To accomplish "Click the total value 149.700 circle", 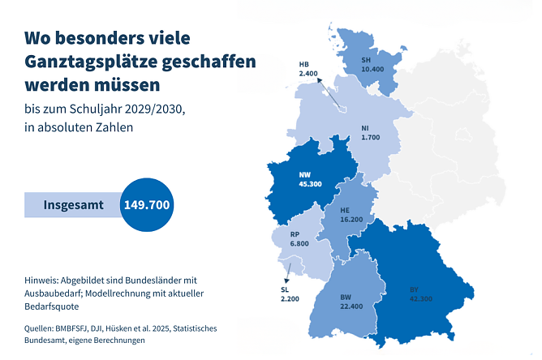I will point(146,204).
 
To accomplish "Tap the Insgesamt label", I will point(73,205).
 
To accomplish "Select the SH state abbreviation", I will point(367,59).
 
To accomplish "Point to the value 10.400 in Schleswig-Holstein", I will point(372,70).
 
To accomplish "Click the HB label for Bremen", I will point(304,63).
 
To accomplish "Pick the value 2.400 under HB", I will point(308,74).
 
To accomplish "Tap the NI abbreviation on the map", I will point(366,128).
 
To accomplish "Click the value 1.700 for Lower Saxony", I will point(371,138).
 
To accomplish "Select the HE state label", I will point(346,208).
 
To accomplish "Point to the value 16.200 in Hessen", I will point(351,219).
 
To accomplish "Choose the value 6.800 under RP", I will point(300,243).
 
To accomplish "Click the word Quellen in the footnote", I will point(44,328).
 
